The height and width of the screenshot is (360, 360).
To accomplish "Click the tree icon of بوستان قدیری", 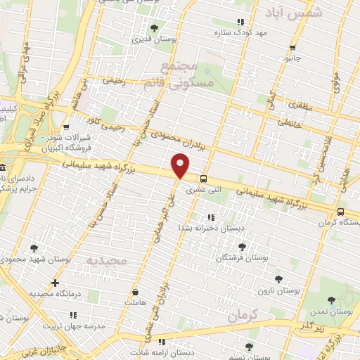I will click(154, 28).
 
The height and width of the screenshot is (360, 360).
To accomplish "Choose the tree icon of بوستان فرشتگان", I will click(243, 247).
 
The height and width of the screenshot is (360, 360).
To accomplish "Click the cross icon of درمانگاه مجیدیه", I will click(55, 283).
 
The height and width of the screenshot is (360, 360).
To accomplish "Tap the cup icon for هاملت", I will click(134, 291).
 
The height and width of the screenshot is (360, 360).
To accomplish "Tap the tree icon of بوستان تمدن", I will click(332, 301).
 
